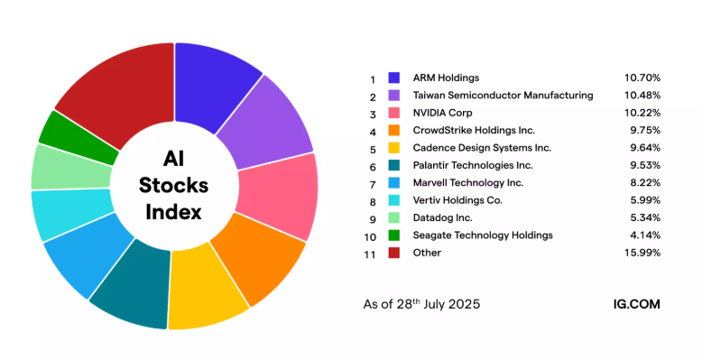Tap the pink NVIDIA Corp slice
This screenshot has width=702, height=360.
[286, 194]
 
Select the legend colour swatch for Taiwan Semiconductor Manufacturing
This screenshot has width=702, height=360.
[394, 95]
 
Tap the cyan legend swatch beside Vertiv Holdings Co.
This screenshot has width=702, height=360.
[394, 200]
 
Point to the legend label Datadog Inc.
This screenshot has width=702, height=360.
[440, 217]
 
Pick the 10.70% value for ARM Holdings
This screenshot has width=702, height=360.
[642, 78]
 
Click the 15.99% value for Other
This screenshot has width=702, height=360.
[642, 253]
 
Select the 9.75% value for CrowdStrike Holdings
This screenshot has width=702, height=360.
[644, 130]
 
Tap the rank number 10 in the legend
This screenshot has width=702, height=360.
[370, 235]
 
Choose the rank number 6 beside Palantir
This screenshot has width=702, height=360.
[372, 165]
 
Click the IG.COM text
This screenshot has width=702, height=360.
[635, 304]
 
